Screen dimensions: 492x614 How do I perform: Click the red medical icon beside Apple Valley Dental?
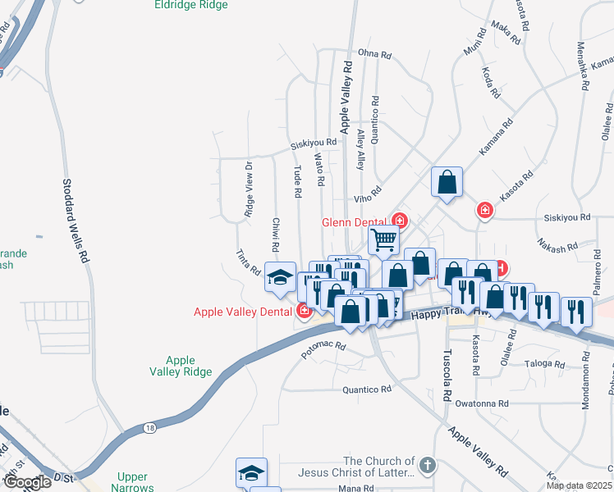click(304, 311)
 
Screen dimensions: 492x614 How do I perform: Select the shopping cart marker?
click(383, 240)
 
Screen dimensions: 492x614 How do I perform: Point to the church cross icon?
click(426, 467)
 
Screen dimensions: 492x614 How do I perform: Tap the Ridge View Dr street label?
click(248, 189)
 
